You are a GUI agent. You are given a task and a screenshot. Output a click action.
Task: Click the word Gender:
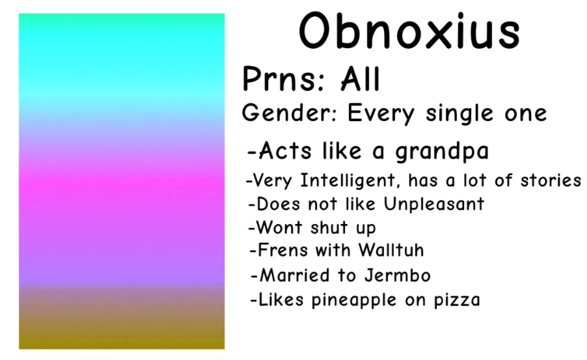coord(289,113)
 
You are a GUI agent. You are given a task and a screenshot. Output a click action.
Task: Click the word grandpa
coord(442,152)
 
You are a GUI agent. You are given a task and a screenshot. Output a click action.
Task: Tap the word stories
coord(550,180)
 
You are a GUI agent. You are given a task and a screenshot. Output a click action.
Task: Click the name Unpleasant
coord(433,204)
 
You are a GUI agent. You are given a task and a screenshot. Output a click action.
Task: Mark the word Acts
coord(284,152)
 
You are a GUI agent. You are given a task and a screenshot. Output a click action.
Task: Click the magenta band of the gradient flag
coord(122,189)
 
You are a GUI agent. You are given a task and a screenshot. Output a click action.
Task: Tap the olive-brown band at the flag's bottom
coord(122,329)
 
